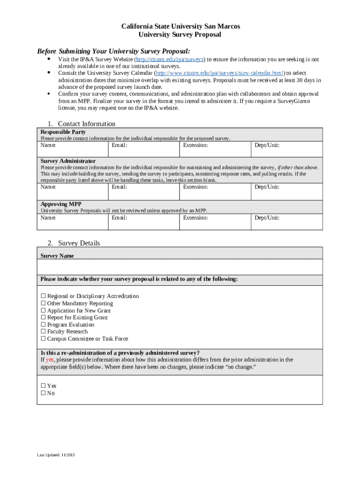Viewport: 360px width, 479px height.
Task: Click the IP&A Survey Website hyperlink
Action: pos(170,60)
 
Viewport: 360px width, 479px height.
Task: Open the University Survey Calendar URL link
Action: pos(220,73)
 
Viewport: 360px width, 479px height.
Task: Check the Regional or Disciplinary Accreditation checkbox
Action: pos(43,296)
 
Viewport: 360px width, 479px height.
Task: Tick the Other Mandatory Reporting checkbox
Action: pos(43,303)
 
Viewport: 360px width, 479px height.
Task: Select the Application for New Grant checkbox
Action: pos(43,311)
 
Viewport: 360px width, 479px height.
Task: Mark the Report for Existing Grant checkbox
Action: pos(43,318)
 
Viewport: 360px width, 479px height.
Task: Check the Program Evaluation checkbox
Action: pos(43,325)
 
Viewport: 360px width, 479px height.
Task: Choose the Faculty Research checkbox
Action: pos(43,332)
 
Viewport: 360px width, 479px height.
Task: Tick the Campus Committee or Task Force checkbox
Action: pos(43,339)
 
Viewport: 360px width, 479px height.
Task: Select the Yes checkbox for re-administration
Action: pos(43,386)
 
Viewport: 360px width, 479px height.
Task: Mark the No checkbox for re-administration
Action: pos(43,393)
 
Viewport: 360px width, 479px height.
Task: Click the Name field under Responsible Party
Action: pos(72,150)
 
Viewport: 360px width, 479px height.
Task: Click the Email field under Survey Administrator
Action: pos(144,192)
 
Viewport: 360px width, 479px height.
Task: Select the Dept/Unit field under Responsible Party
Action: pos(287,150)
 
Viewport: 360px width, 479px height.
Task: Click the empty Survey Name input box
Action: pos(180,267)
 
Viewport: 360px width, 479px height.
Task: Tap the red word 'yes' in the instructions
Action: pos(50,360)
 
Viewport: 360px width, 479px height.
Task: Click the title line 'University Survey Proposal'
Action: pos(180,35)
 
